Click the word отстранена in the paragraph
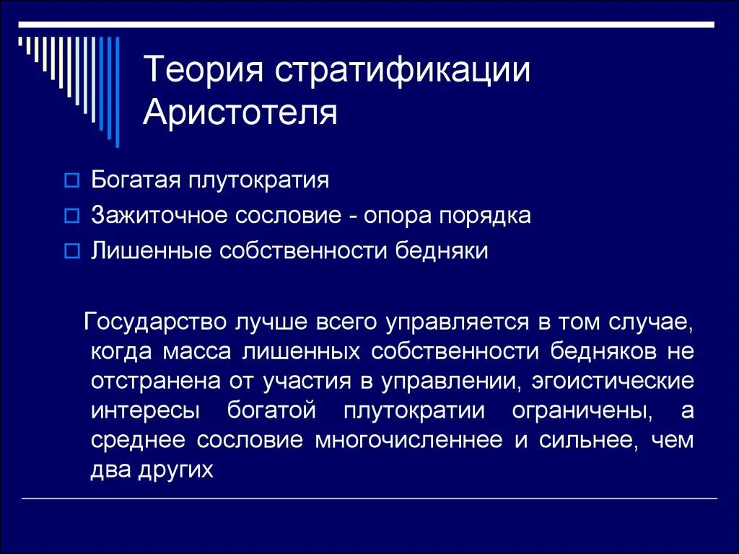click(x=141, y=380)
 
